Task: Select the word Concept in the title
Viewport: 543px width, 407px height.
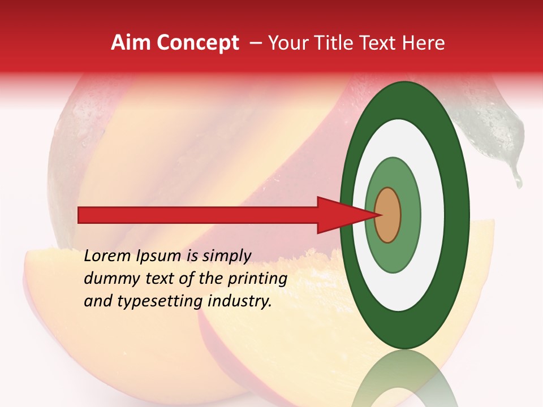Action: click(x=197, y=43)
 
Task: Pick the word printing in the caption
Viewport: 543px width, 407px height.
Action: click(x=257, y=279)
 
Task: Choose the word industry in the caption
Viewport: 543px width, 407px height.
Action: click(x=240, y=301)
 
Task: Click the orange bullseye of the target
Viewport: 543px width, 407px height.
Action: click(x=387, y=215)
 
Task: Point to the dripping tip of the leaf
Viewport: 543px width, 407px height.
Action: click(x=518, y=182)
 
